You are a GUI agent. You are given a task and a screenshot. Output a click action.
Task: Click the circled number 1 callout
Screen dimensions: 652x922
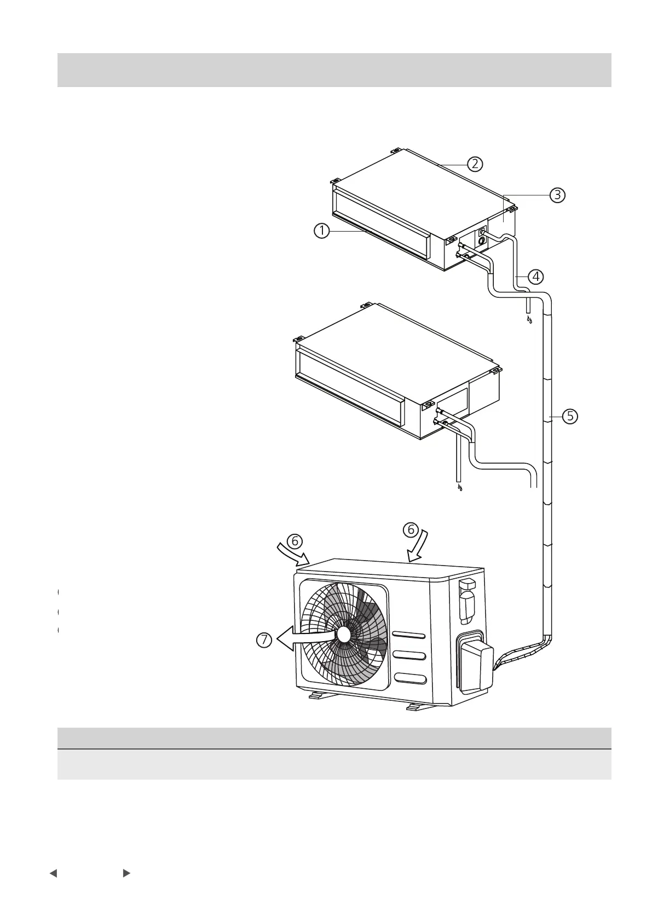click(321, 231)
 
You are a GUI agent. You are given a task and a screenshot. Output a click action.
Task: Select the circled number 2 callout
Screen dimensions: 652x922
click(475, 163)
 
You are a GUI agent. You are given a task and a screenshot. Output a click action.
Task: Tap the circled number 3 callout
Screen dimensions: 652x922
click(557, 194)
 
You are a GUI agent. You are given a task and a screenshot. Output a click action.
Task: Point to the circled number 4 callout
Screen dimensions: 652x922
click(535, 276)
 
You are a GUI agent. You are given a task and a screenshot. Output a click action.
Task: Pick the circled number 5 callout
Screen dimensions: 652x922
click(570, 416)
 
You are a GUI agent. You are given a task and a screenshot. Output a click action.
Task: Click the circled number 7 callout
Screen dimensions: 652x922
click(264, 640)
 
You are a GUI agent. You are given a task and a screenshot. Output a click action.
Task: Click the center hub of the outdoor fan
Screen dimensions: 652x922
click(344, 634)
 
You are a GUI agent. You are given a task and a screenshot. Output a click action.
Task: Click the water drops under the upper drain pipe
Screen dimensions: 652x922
click(529, 319)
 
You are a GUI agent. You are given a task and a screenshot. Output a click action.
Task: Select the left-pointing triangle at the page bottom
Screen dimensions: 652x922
click(53, 873)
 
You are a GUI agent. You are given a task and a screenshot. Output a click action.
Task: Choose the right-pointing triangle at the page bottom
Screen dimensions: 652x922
click(126, 873)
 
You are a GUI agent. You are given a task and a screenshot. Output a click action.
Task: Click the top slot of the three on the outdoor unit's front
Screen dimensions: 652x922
click(409, 635)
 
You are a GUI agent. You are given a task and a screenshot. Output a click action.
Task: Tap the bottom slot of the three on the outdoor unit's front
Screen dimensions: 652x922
click(409, 679)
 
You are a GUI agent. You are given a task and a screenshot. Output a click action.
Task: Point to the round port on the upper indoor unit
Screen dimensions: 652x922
click(482, 240)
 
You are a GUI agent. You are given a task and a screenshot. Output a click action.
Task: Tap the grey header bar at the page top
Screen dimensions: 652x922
click(334, 70)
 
